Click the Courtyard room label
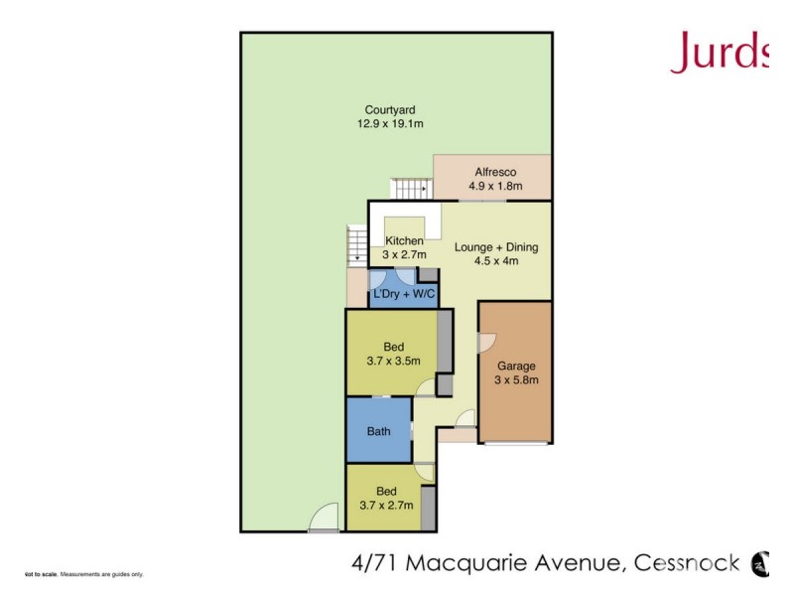[x=389, y=110]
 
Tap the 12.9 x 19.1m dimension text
[x=390, y=124]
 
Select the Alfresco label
[x=493, y=172]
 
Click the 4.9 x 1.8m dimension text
[x=493, y=186]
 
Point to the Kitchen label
[x=405, y=241]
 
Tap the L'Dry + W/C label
[x=404, y=295]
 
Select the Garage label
[x=516, y=365]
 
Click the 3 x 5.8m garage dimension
[x=516, y=378]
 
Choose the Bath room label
[x=378, y=431]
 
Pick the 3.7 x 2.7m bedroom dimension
[x=386, y=505]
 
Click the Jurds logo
[x=722, y=52]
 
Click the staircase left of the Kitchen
[x=356, y=244]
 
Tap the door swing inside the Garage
[x=485, y=342]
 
